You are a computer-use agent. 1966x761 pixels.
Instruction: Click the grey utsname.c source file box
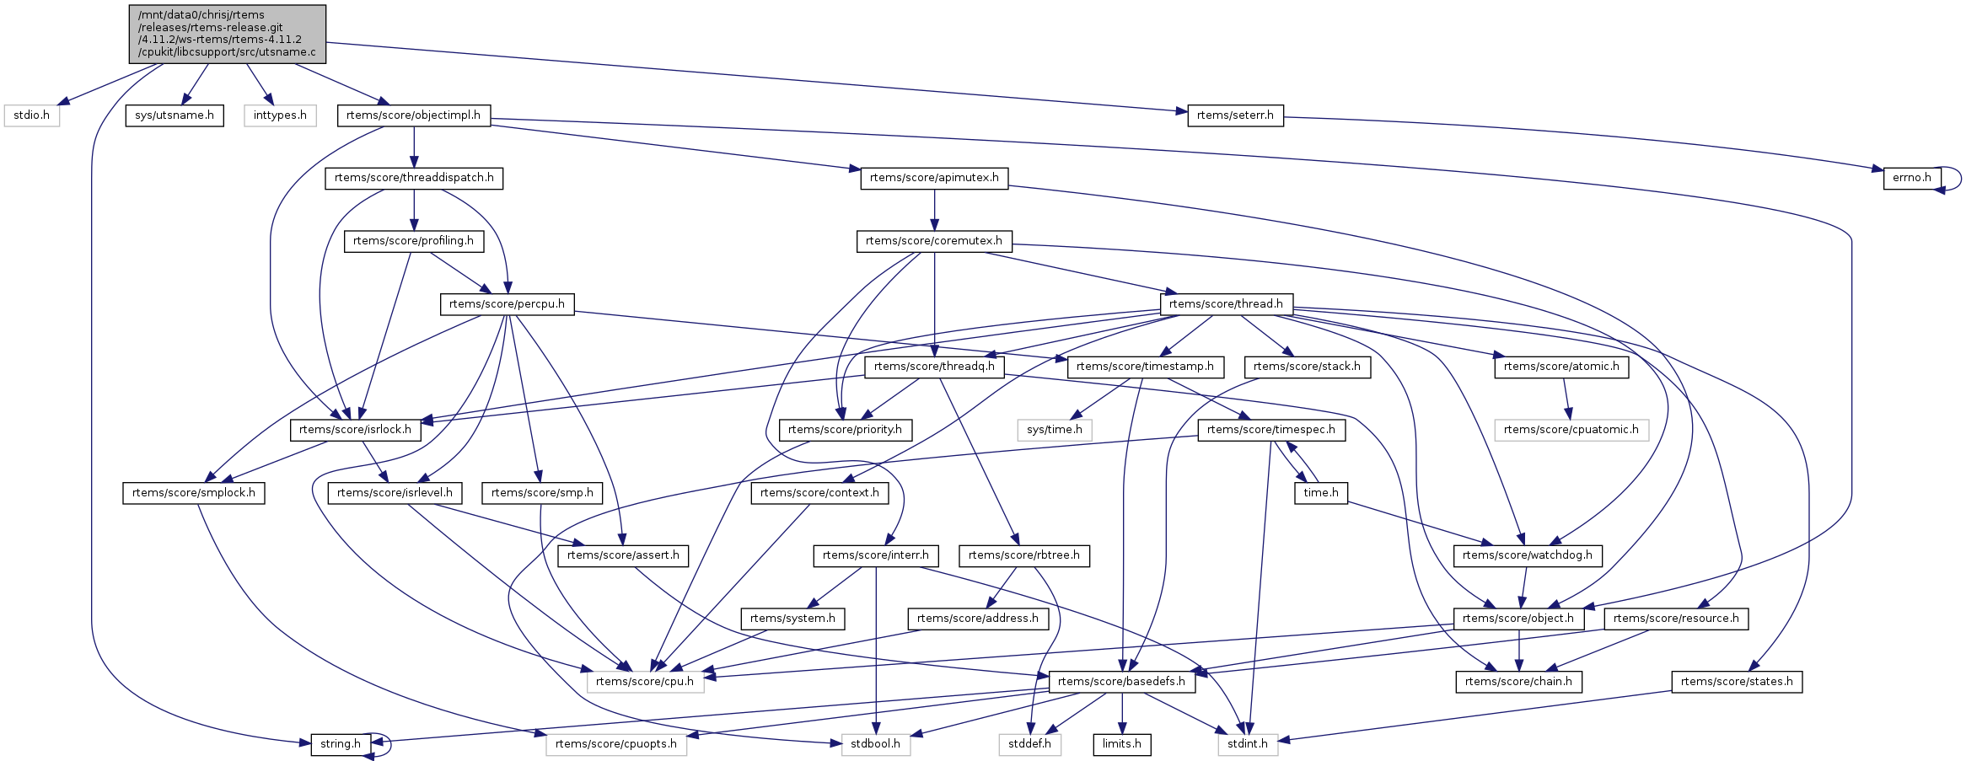[x=227, y=34]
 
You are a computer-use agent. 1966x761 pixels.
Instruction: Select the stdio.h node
[x=31, y=115]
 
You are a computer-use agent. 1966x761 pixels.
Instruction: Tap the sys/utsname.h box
[x=175, y=115]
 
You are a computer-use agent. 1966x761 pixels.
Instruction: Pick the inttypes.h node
[x=280, y=115]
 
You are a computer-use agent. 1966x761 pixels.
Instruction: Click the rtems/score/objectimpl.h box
[x=413, y=115]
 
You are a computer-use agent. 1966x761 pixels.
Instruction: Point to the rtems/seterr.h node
[x=1235, y=115]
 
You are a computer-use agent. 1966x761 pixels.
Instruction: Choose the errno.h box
[x=1912, y=178]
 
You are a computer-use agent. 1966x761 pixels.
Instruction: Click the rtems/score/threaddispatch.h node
[x=414, y=178]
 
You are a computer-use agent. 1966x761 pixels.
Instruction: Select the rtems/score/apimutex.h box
[x=934, y=178]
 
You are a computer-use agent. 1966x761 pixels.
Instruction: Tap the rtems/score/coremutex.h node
[x=934, y=241]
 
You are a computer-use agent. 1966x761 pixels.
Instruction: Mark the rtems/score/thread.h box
[x=1226, y=304]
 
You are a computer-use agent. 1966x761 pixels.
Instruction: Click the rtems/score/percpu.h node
[x=507, y=304]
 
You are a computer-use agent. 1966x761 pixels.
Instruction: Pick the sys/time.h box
[x=1054, y=430]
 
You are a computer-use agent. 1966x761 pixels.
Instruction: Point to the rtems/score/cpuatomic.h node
[x=1571, y=430]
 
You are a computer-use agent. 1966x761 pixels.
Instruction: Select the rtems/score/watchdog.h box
[x=1527, y=555]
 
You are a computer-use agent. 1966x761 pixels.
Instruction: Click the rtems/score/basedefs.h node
[x=1121, y=682]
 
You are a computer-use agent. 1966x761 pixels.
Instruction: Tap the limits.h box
[x=1121, y=744]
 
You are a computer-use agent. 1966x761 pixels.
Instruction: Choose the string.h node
[x=340, y=744]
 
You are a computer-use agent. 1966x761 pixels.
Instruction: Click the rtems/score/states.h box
[x=1737, y=682]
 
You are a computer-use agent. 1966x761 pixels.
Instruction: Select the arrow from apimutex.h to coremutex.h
[x=934, y=210]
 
